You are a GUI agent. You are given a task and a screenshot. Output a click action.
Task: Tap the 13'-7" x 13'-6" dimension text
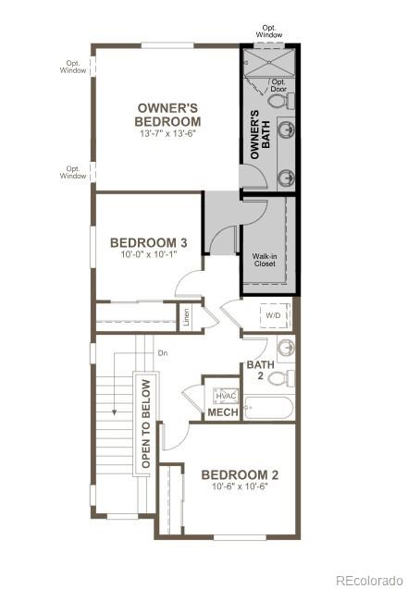pyautogui.click(x=167, y=134)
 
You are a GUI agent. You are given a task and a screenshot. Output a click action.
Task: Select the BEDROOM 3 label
pyautogui.click(x=149, y=243)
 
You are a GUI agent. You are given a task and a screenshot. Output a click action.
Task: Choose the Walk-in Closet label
pyautogui.click(x=266, y=259)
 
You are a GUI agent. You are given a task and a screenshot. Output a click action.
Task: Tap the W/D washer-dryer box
pyautogui.click(x=274, y=315)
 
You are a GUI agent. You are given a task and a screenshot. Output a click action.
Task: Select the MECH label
pyautogui.click(x=222, y=412)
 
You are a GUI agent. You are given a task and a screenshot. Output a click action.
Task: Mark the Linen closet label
pyautogui.click(x=187, y=317)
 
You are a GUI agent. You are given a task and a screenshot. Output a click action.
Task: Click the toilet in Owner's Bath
pyautogui.click(x=289, y=98)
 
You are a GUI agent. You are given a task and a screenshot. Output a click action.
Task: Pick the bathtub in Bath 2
pyautogui.click(x=269, y=408)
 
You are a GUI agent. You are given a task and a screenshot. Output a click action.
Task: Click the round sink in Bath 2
pyautogui.click(x=286, y=349)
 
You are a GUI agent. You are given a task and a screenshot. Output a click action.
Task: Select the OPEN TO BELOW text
pyautogui.click(x=145, y=422)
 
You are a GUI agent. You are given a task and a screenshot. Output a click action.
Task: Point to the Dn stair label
pyautogui.click(x=163, y=352)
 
